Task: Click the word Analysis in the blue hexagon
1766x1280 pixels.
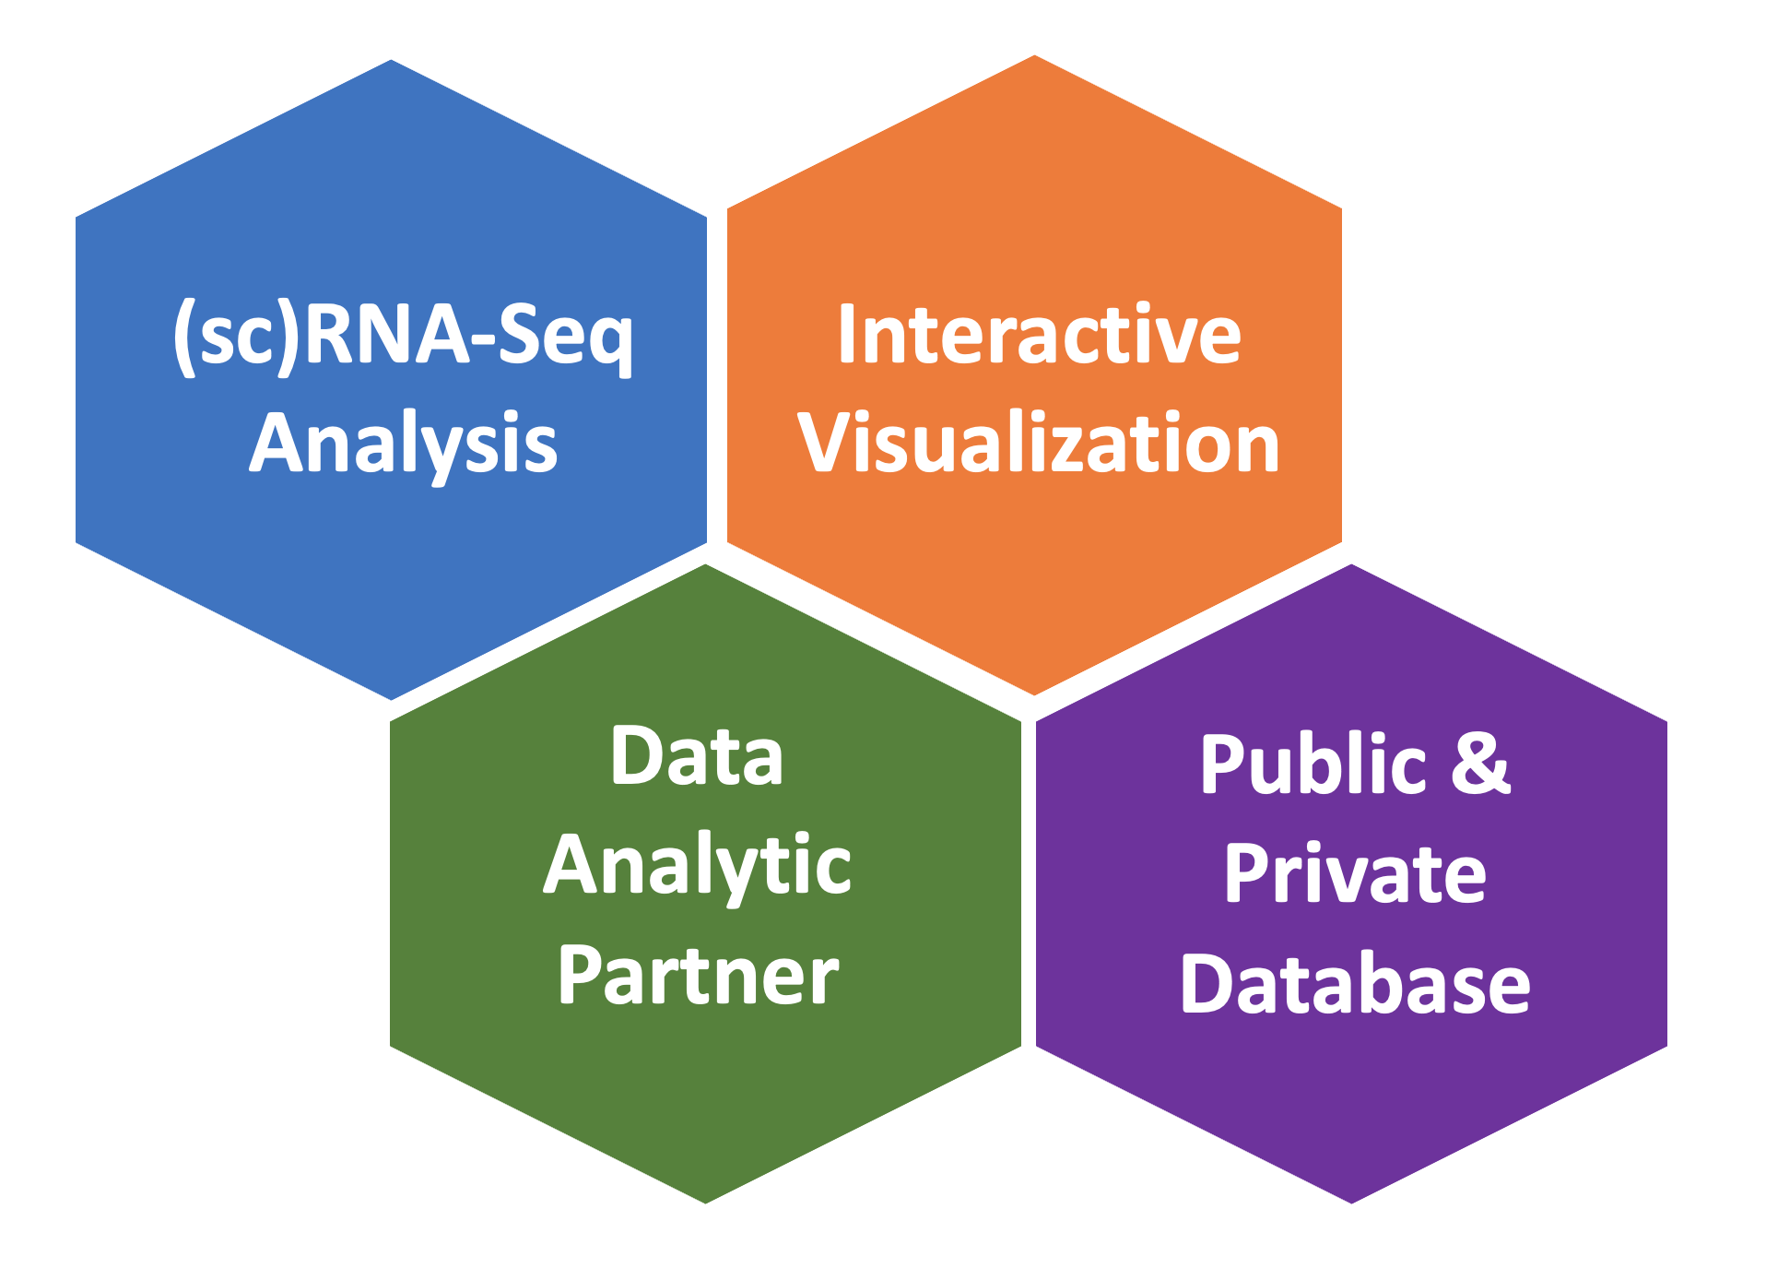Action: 403,444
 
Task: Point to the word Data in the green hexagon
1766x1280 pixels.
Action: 697,756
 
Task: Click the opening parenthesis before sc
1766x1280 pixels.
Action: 184,336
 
